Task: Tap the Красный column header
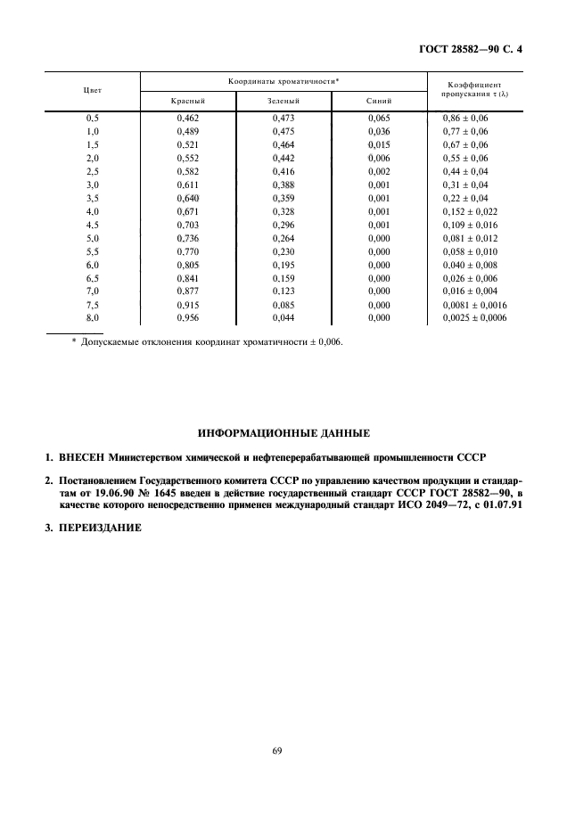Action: click(188, 102)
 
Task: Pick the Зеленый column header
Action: click(283, 102)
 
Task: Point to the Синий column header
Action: click(379, 102)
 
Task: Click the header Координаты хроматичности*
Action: click(283, 81)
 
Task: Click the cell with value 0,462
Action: click(187, 118)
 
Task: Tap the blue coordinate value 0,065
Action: click(379, 118)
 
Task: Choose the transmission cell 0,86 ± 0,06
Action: click(465, 118)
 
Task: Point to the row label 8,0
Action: click(92, 317)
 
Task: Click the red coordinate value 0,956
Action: click(187, 317)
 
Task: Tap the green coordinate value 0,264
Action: click(283, 238)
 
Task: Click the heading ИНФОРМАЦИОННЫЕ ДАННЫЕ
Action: click(283, 433)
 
